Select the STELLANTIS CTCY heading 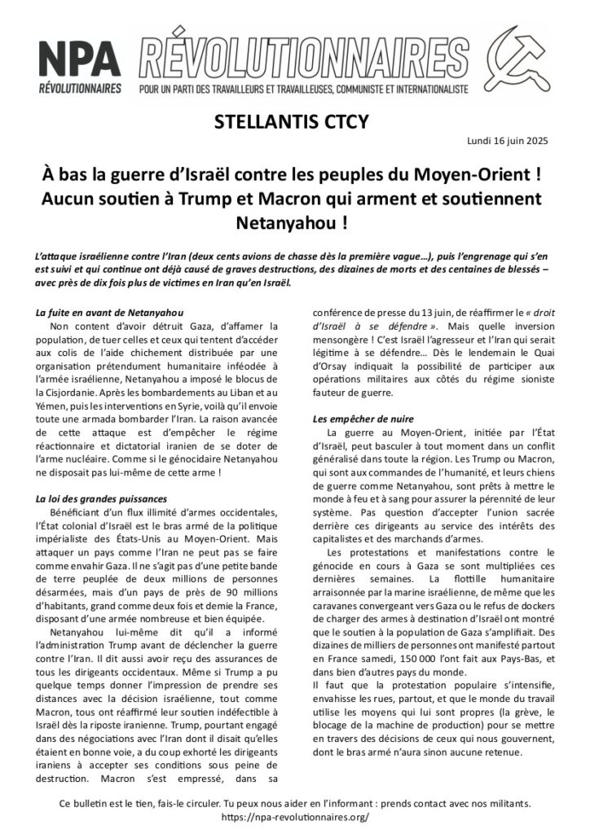294,123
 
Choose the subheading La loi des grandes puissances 102,498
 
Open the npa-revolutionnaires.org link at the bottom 294,816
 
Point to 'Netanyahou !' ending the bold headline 294,221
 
